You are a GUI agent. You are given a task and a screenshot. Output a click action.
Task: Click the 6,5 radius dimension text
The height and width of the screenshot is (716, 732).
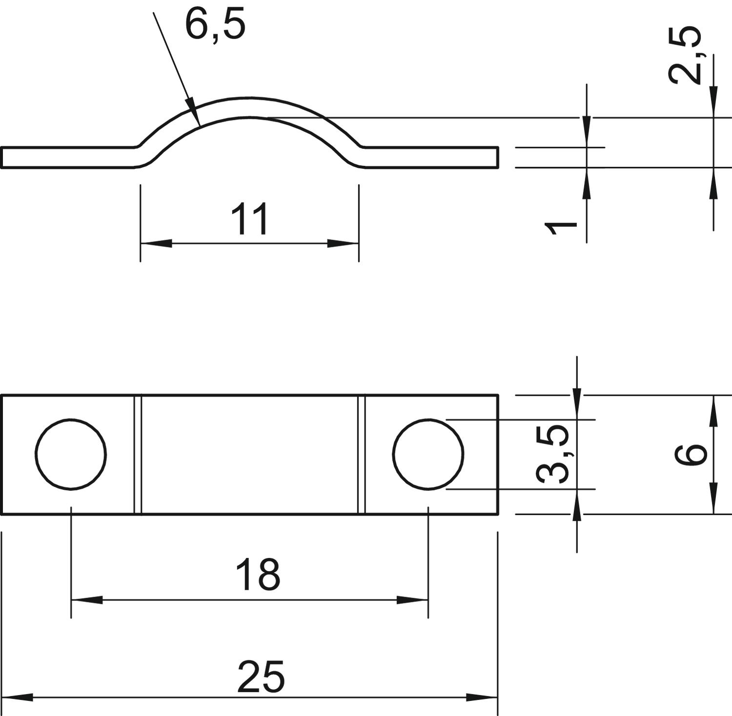pos(215,24)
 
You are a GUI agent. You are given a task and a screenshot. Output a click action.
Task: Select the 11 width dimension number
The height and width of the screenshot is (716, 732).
pos(249,219)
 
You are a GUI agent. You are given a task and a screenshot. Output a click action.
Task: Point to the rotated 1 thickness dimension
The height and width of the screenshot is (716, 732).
pos(561,227)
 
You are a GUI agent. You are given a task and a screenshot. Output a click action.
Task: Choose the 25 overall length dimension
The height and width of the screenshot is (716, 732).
pos(261,676)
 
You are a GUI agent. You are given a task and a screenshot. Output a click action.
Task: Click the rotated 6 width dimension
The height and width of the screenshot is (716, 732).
pos(691,455)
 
